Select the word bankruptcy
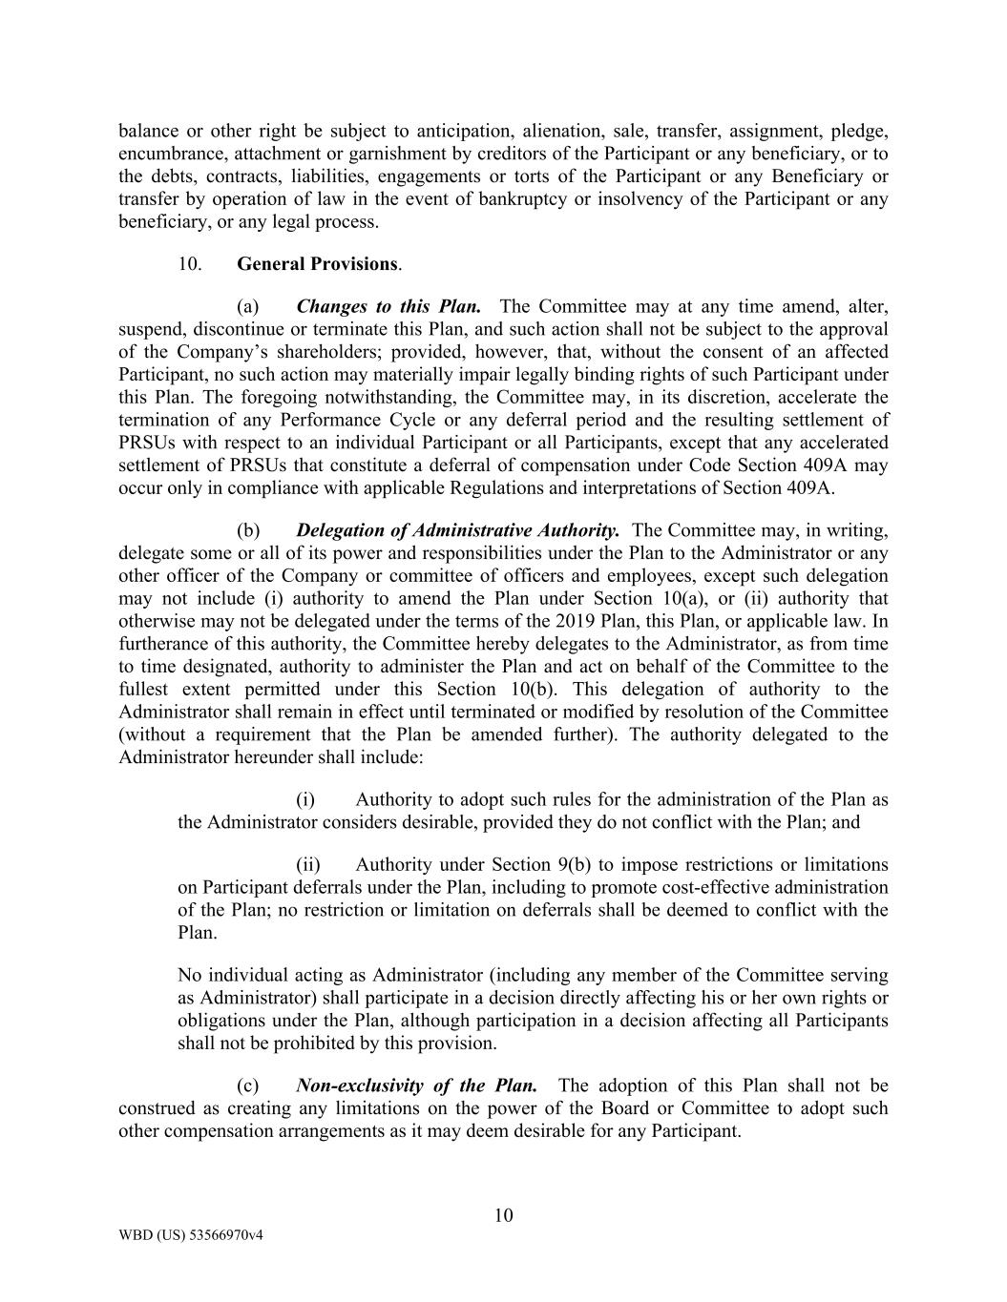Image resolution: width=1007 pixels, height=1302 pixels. (x=510, y=199)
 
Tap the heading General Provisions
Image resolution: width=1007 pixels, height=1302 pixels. (x=318, y=264)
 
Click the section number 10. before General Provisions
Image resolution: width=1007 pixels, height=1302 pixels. (x=189, y=264)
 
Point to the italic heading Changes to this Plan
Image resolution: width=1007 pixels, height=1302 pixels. (x=388, y=306)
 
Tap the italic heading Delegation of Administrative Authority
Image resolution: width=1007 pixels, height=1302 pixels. (x=458, y=530)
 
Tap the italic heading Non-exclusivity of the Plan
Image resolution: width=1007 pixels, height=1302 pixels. (x=416, y=1086)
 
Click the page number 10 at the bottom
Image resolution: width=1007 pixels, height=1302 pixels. (x=503, y=1216)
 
